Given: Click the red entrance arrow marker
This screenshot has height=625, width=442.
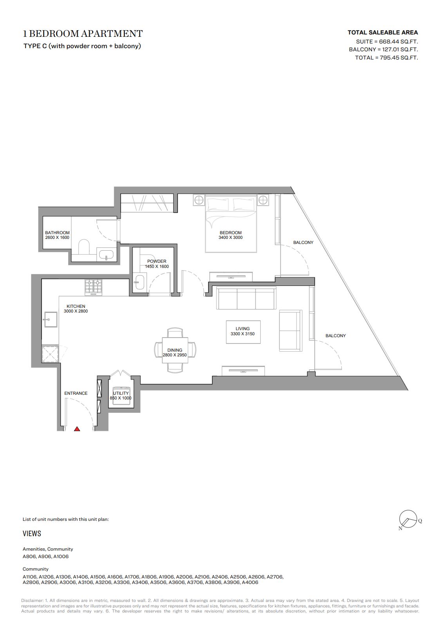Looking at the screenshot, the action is point(77,429).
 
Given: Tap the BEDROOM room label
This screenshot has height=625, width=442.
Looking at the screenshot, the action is point(230,233).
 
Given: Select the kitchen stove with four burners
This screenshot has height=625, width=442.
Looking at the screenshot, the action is point(93,287).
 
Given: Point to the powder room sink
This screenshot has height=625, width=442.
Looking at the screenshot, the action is point(139,282).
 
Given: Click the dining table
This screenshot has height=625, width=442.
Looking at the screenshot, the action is point(175,350).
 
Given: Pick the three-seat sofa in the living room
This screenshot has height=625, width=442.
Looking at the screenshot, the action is point(246,298).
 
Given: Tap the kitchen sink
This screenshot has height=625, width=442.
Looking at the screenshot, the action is point(50,320).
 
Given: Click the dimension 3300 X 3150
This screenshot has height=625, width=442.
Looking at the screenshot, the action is point(243,334).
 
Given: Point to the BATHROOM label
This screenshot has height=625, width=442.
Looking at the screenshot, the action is point(57,233).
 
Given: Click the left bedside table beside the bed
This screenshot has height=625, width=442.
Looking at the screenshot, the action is point(199,200).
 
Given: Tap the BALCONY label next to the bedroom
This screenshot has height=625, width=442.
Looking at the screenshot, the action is point(303,242).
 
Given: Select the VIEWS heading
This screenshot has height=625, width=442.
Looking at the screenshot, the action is point(32,533).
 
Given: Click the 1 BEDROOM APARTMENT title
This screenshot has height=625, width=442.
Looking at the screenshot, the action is point(83,34).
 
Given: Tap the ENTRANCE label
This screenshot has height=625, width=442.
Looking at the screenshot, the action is point(76,393).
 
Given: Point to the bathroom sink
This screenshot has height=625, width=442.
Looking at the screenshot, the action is point(106,254).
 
